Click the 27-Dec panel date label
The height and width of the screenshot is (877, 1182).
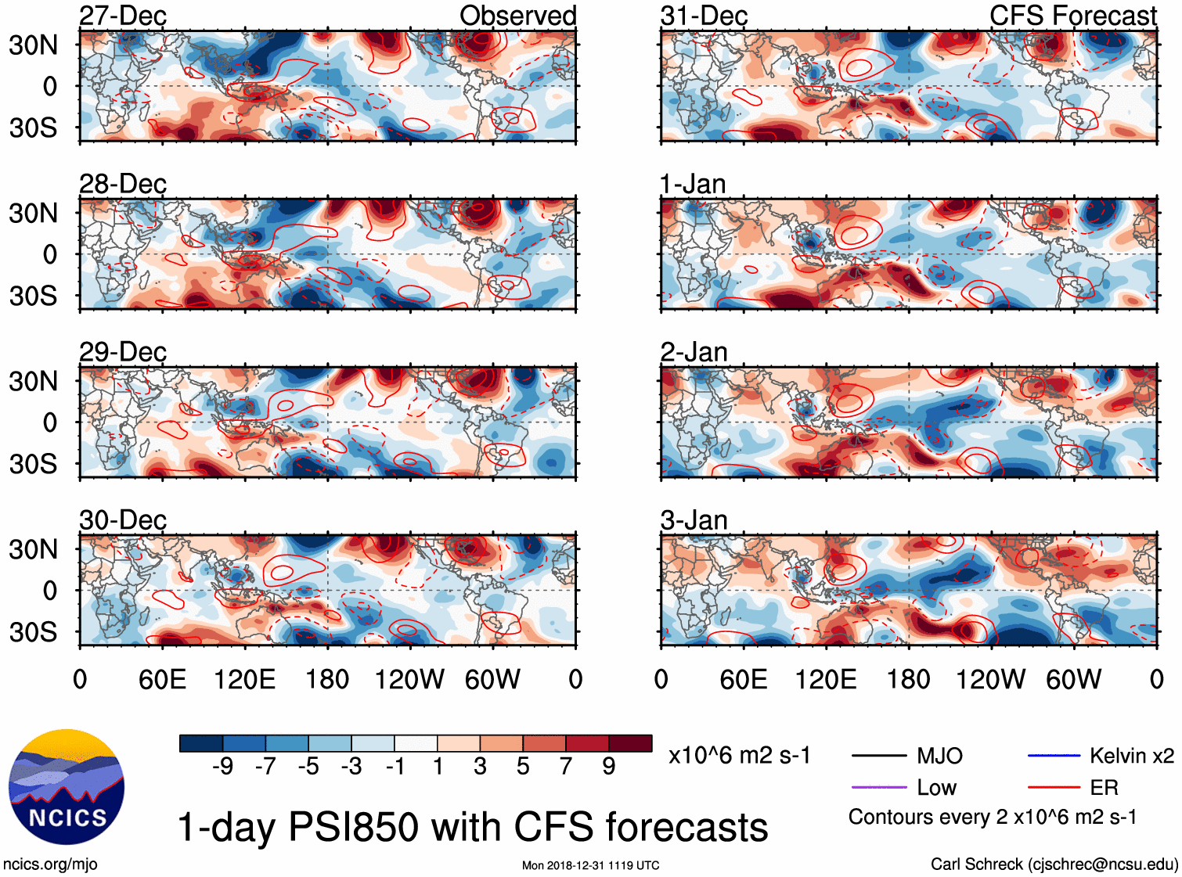click(123, 16)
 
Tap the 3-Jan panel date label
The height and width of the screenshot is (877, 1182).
click(694, 520)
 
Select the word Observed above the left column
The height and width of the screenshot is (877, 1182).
click(517, 16)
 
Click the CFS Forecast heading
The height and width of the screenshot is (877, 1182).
click(1072, 16)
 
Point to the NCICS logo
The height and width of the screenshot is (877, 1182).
click(67, 786)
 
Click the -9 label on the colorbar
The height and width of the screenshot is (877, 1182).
click(222, 766)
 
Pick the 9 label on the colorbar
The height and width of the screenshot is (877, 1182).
click(608, 766)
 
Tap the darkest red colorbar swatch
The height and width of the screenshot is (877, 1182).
click(630, 743)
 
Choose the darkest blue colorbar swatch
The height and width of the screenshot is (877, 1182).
click(201, 743)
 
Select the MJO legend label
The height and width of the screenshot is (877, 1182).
click(939, 756)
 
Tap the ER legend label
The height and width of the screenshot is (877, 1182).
click(1104, 787)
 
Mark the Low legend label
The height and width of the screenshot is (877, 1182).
click(936, 787)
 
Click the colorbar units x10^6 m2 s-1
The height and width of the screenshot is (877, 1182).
click(739, 756)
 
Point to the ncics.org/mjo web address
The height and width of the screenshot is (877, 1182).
click(50, 864)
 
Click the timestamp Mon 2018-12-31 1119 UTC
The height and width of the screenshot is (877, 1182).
click(590, 865)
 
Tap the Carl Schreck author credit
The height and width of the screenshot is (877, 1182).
click(1054, 864)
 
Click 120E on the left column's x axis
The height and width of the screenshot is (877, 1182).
click(244, 679)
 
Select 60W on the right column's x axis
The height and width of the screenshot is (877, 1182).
click(1073, 679)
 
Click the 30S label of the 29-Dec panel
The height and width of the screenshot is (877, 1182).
click(33, 463)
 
